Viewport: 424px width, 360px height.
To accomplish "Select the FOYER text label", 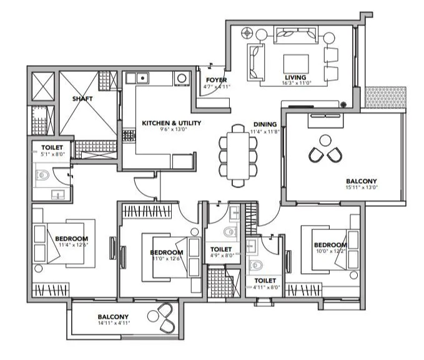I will [x=216, y=80].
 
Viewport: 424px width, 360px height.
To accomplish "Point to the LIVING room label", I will [x=295, y=78].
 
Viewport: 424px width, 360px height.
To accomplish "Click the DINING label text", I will [x=265, y=124].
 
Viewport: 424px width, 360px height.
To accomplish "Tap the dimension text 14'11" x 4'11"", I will [x=113, y=323].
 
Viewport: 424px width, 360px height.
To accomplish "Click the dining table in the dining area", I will [x=238, y=154].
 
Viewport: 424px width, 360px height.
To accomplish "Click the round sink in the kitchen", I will [x=182, y=78].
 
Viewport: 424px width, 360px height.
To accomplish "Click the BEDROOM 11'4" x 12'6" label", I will [x=71, y=239].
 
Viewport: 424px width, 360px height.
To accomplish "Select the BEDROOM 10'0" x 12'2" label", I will [x=329, y=244].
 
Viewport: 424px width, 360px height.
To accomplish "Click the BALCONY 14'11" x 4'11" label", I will [x=113, y=317].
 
